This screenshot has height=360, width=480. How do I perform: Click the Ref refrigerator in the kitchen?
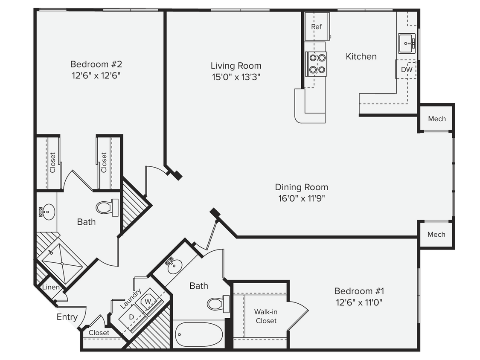(317, 27)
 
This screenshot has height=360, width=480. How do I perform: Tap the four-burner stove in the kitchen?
(317, 64)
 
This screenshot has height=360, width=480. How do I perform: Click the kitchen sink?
(407, 43)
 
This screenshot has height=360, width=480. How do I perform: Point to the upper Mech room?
(436, 119)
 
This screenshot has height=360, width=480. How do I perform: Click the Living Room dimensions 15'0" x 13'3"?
(236, 77)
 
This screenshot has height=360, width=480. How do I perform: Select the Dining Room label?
(301, 187)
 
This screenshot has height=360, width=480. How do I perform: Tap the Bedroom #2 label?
(96, 64)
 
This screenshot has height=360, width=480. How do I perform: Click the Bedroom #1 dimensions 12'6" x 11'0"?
(359, 302)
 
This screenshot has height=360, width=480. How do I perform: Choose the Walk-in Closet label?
(266, 316)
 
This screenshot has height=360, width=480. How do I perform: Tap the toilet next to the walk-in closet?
(215, 304)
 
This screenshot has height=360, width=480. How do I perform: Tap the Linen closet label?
(51, 287)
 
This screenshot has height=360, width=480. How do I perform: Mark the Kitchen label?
(361, 56)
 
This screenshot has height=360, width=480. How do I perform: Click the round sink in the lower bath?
(174, 267)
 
